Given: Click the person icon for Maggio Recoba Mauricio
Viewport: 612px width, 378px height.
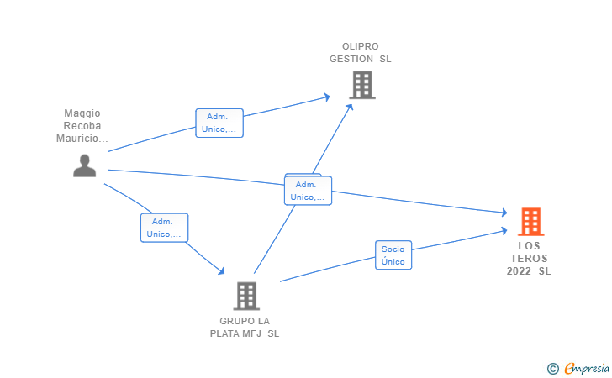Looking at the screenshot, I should click(84, 166).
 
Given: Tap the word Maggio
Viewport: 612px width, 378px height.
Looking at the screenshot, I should click(82, 113).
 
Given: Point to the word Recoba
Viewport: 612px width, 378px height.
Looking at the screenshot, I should click(82, 125).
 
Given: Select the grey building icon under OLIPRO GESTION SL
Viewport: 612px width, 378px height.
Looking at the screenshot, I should click(361, 85).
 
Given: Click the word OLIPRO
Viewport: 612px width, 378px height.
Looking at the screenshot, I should click(360, 46).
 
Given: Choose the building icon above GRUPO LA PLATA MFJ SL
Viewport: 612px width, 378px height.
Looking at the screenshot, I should click(245, 296).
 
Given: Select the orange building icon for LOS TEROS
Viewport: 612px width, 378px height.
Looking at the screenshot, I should click(531, 221).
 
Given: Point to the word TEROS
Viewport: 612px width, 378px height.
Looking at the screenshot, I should click(529, 259).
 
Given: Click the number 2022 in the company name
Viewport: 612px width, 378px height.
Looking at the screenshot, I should click(520, 271).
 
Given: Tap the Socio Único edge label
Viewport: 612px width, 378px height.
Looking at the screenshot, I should click(393, 255).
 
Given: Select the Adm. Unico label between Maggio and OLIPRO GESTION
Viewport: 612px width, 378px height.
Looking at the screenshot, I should click(219, 123).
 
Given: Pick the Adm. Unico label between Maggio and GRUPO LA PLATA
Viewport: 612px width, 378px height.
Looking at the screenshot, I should click(164, 228).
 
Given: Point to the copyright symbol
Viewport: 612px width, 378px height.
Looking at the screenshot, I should click(552, 368).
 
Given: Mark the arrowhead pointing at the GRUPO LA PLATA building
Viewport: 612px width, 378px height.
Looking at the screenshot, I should click(221, 270).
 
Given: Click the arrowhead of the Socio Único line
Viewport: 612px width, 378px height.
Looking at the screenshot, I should click(504, 229).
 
